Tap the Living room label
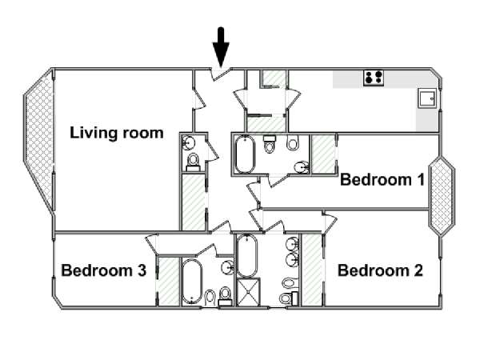coord(117,133)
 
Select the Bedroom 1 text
coord(382,180)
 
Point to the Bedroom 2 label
coord(380,270)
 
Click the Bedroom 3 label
coord(104,270)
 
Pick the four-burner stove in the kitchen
coord(374,78)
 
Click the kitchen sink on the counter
coord(427,98)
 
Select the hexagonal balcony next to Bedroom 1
coord(442,196)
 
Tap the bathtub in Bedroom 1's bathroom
coord(245,154)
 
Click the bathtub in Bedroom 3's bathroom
coord(192,282)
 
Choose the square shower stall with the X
coord(248,292)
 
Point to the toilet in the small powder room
coord(193,162)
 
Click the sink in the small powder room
coord(189,142)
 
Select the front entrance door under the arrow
coord(222,74)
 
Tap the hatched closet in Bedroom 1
coord(323,154)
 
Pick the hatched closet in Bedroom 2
coord(312,270)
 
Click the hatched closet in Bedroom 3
coord(169,281)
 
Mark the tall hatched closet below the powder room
coord(194,202)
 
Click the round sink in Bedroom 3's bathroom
coord(228,267)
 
